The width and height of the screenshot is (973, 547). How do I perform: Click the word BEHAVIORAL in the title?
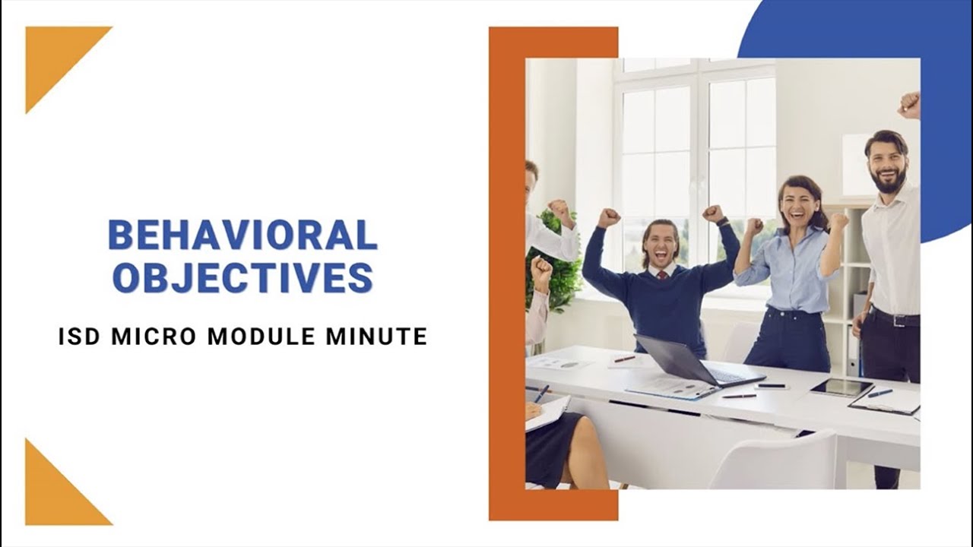tap(242, 235)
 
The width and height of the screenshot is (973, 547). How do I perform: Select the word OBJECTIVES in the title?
tap(242, 278)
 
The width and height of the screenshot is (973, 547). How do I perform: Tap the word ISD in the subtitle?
tap(78, 337)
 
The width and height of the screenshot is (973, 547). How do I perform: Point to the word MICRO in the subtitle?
tap(154, 337)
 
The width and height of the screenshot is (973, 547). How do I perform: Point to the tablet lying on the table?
tap(841, 387)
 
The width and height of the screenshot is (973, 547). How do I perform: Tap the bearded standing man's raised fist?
tap(909, 105)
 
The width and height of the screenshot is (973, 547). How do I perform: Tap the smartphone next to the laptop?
tap(772, 386)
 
